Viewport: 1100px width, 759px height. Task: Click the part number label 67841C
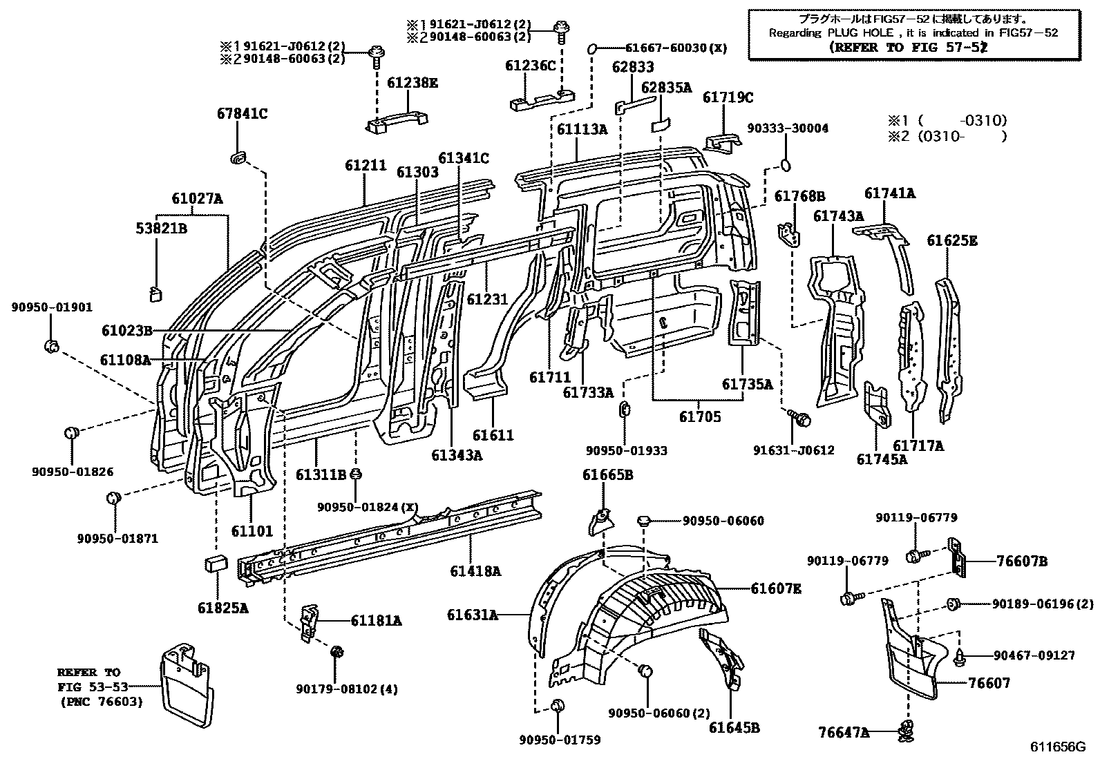click(x=239, y=114)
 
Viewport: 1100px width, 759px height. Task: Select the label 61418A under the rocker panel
click(x=475, y=571)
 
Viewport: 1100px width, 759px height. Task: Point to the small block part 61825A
click(x=216, y=562)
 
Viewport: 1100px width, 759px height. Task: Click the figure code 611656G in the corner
click(x=1059, y=747)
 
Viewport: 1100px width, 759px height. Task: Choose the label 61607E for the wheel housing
click(x=776, y=588)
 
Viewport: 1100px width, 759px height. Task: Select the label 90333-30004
click(x=788, y=128)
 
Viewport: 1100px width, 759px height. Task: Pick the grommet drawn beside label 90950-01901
click(x=51, y=345)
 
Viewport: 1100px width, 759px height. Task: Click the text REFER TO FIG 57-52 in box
click(x=907, y=48)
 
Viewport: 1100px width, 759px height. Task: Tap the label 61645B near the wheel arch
click(x=734, y=727)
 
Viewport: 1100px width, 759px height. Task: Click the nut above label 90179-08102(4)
click(x=337, y=652)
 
